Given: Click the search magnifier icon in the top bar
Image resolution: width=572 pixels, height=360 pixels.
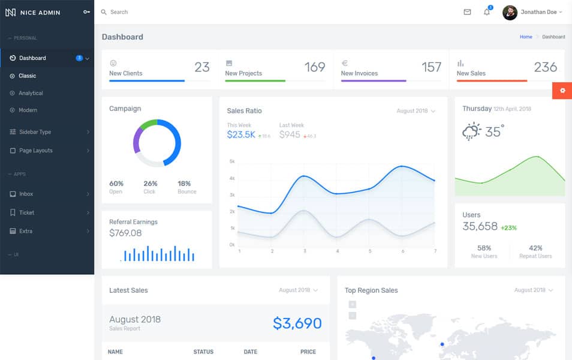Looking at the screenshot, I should [x=104, y=12].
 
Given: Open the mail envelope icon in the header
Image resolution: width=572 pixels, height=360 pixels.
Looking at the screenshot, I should [x=468, y=12].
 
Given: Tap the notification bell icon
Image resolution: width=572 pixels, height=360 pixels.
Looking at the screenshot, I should [x=487, y=12].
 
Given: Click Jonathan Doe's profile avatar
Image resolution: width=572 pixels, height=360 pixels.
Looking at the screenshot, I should [x=510, y=12].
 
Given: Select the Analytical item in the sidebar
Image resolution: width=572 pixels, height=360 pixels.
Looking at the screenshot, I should [x=31, y=93].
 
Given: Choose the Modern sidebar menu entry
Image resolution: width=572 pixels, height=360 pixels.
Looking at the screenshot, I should [x=28, y=110].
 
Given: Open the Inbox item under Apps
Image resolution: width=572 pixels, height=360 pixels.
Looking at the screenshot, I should [x=26, y=194].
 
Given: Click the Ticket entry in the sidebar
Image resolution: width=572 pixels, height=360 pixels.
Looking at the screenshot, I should [x=26, y=212].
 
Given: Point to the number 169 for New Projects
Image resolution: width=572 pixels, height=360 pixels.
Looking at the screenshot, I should [x=315, y=67].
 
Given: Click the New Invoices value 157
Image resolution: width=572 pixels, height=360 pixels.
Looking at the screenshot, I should [x=431, y=67].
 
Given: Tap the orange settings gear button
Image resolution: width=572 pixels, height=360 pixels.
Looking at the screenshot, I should [x=562, y=91].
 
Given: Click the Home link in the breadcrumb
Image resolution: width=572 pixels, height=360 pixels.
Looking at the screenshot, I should [x=526, y=37].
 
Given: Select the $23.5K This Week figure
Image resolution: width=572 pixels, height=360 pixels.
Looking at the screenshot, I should [x=241, y=135].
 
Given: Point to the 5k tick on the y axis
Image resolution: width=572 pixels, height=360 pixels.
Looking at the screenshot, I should [x=232, y=161].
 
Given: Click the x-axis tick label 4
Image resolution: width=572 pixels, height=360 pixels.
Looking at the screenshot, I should [x=338, y=251].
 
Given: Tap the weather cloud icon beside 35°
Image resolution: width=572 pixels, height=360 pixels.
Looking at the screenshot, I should [x=472, y=131].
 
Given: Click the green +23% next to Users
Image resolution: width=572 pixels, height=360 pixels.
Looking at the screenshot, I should [x=508, y=228].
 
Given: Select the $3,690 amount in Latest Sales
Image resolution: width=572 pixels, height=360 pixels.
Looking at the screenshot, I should [x=297, y=323].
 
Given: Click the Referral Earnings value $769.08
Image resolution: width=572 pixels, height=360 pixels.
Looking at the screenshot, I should [x=125, y=233].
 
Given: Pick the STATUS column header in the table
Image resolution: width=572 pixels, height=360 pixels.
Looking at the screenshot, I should [x=203, y=352].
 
